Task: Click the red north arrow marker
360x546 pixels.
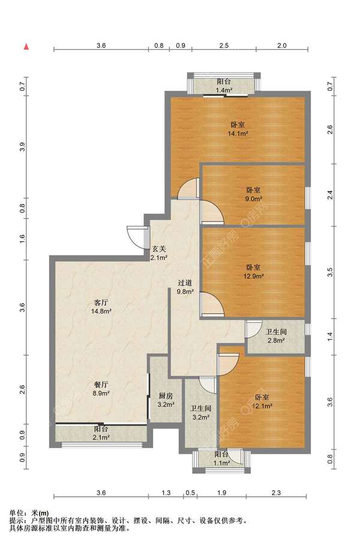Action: (x=26, y=47)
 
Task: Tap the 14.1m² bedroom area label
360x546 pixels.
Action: (x=238, y=128)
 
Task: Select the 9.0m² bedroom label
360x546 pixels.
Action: (x=254, y=194)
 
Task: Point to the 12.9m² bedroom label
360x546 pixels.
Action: (x=254, y=272)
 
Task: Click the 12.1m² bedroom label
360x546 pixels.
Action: (x=262, y=401)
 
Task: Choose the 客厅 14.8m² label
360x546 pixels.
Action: (x=101, y=307)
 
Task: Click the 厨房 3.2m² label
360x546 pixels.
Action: (x=166, y=400)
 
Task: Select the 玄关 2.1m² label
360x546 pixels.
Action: (x=159, y=253)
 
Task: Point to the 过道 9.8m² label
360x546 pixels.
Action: (x=185, y=287)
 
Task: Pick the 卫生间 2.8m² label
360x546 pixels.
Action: (x=276, y=336)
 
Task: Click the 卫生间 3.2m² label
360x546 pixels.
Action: (x=200, y=412)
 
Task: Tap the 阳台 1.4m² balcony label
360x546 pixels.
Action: (x=224, y=86)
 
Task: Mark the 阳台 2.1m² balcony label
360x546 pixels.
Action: (x=101, y=433)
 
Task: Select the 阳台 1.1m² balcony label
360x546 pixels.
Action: (x=221, y=458)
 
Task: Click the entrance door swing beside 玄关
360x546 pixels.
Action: (x=136, y=238)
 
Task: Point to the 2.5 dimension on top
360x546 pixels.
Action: (x=224, y=45)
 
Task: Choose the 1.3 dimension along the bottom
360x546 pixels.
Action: (x=166, y=493)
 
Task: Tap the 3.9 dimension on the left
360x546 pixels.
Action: (x=23, y=147)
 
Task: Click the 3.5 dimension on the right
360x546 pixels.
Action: (x=331, y=272)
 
